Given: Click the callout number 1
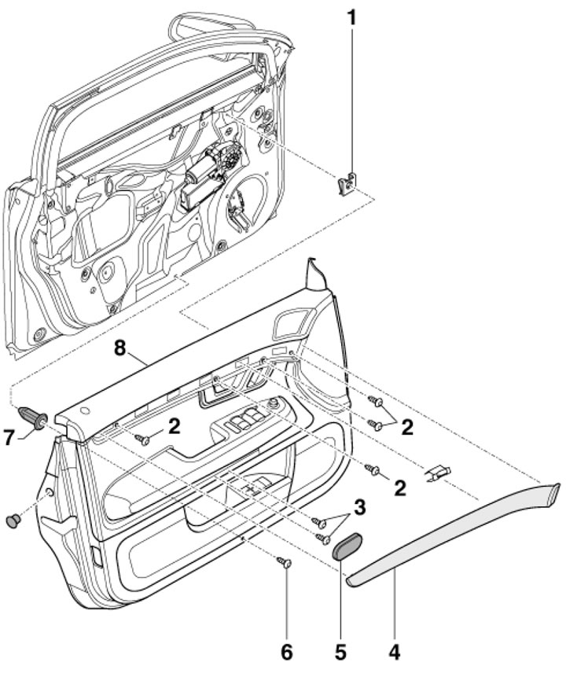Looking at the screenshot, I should (x=351, y=15).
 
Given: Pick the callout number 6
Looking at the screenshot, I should (x=287, y=652).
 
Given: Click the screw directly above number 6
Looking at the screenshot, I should (x=286, y=562).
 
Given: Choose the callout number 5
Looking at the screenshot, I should (x=340, y=652).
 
